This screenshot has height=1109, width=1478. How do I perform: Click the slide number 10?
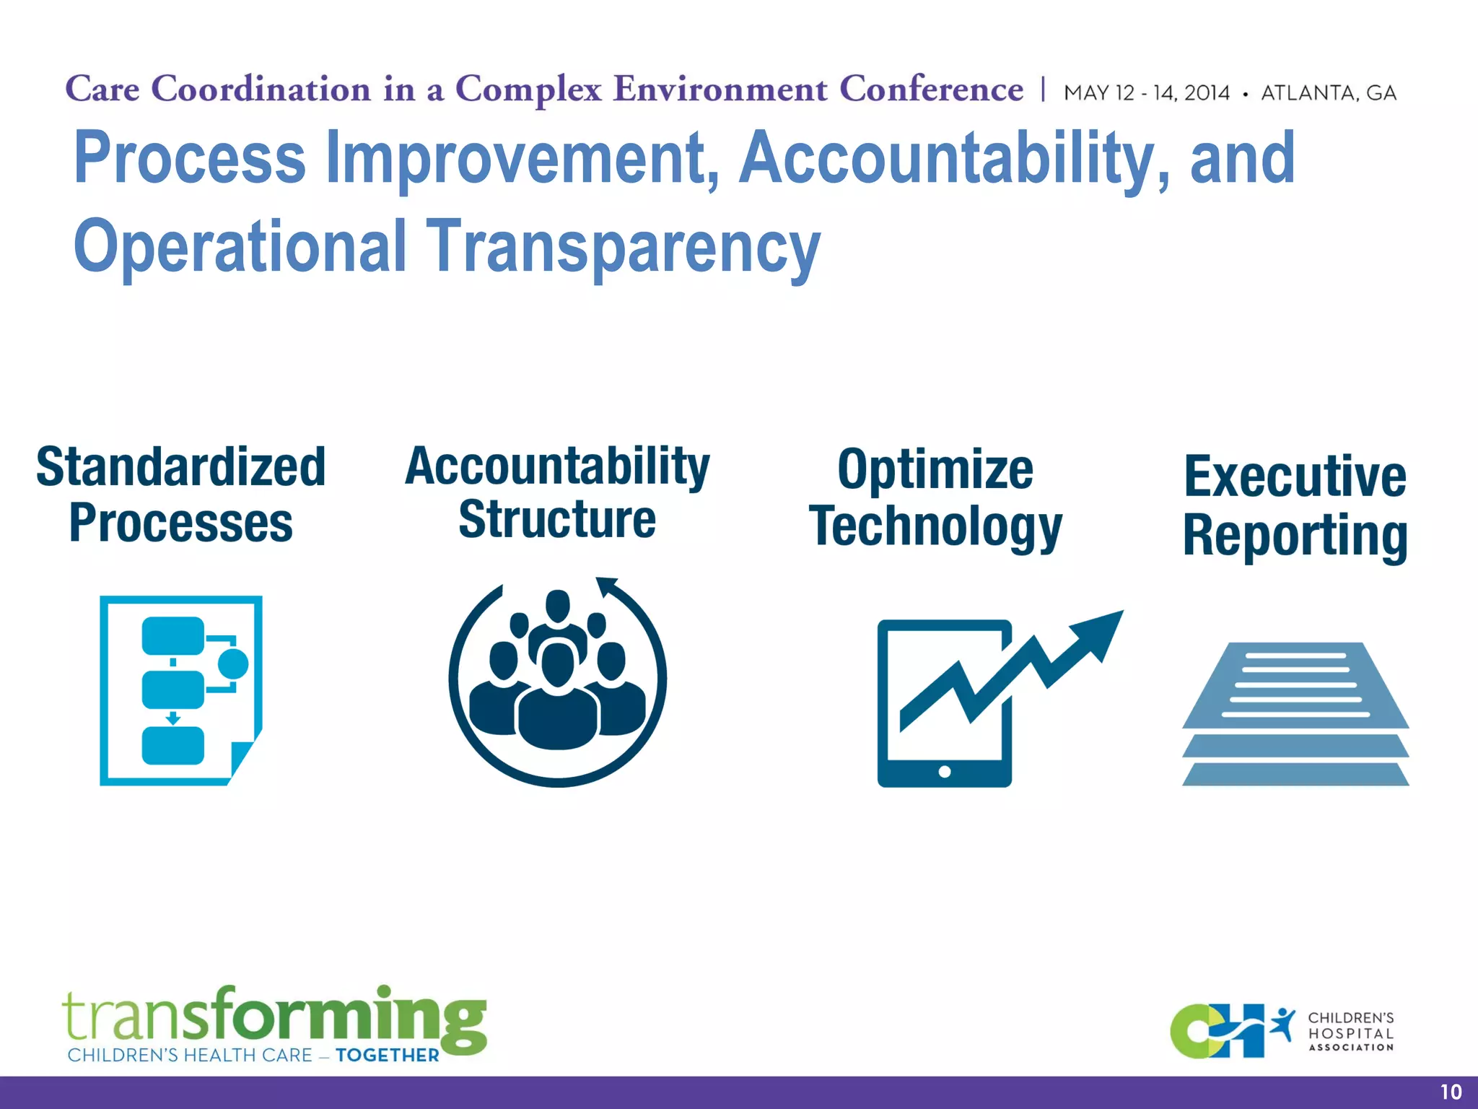(x=1451, y=1092)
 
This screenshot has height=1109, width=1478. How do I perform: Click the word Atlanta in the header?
(x=1308, y=93)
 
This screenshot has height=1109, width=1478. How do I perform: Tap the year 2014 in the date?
(x=1207, y=93)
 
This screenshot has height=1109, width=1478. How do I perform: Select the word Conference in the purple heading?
(x=931, y=90)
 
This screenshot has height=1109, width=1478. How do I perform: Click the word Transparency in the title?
(x=624, y=247)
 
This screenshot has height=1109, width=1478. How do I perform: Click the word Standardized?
(x=181, y=467)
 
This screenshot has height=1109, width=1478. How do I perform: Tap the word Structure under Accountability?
(x=557, y=520)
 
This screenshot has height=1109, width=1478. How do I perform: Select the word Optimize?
(x=935, y=470)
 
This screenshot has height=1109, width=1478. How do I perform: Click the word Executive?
(x=1295, y=477)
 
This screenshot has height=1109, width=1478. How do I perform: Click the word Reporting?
(x=1295, y=536)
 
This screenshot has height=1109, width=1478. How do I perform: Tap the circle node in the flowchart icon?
(x=232, y=664)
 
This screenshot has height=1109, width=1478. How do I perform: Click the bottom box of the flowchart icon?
(x=173, y=746)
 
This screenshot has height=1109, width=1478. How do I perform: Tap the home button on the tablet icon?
(x=944, y=772)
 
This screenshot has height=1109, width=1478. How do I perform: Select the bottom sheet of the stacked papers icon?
(x=1295, y=775)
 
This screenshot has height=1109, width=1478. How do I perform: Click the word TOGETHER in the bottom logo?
(x=388, y=1056)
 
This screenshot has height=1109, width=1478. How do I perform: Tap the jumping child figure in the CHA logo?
(x=1282, y=1024)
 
